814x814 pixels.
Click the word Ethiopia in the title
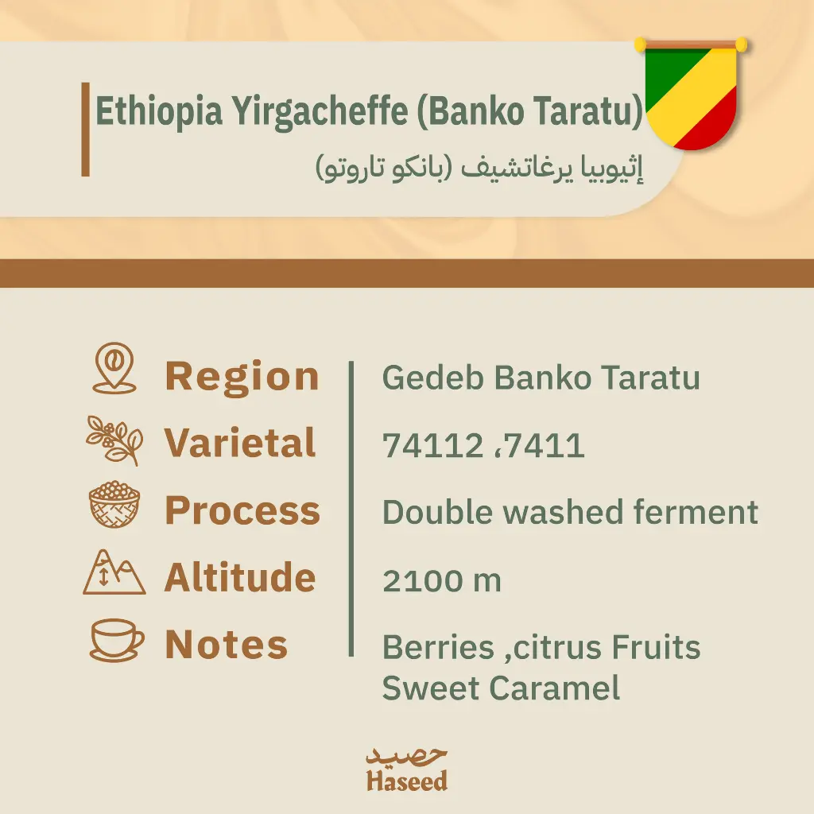tap(159, 111)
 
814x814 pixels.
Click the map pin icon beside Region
tap(114, 367)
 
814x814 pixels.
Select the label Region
tap(242, 377)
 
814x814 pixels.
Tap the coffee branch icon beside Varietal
tap(114, 440)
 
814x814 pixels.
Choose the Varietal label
tap(240, 443)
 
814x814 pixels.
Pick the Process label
tap(242, 511)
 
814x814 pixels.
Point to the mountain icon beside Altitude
tap(114, 572)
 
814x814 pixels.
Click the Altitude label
tap(240, 577)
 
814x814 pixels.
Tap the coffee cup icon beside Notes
tap(117, 640)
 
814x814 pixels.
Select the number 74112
tap(433, 445)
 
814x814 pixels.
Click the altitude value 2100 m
tap(442, 580)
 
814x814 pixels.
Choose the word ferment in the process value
tap(696, 513)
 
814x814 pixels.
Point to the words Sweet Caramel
tap(501, 688)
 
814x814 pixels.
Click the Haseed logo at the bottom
tap(406, 770)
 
